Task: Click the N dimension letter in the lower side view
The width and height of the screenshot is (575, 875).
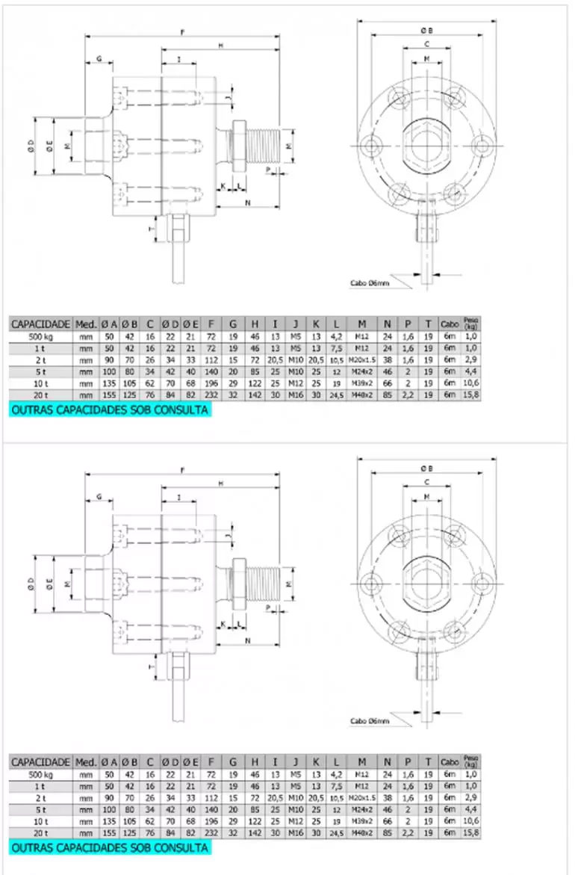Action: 247,640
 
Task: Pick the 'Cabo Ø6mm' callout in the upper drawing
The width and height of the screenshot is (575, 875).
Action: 370,283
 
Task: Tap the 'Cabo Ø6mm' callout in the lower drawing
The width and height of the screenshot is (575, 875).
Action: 370,721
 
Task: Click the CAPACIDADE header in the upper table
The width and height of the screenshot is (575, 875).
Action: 40,324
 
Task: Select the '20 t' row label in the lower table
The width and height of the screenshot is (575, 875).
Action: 40,833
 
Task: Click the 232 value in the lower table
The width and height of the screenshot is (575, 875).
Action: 211,833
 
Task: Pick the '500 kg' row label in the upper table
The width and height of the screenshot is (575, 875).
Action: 40,337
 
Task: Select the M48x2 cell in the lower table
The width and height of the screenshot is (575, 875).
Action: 361,833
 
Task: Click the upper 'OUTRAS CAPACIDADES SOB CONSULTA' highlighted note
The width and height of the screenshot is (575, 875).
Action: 109,410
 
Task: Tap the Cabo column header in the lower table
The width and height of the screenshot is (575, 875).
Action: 450,762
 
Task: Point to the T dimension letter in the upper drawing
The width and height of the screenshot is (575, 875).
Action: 152,229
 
